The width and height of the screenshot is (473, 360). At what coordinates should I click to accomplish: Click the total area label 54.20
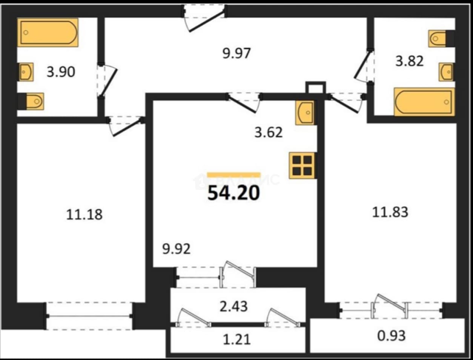[x=234, y=193]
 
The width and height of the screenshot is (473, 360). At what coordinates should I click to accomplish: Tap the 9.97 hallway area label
[x=236, y=53]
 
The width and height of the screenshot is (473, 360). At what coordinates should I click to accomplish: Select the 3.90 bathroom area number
[x=61, y=72]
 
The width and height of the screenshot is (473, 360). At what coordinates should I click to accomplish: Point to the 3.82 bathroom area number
[x=409, y=61]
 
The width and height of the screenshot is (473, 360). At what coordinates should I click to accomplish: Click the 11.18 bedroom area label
[x=84, y=215]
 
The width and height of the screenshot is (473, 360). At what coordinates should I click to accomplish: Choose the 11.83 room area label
[x=390, y=212]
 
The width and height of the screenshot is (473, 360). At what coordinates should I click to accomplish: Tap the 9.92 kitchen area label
[x=177, y=249]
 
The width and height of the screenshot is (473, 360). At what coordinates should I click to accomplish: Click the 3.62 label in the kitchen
[x=269, y=132]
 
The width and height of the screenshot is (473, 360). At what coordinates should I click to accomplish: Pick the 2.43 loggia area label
[x=233, y=306]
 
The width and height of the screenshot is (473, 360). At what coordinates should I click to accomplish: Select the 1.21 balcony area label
[x=236, y=340]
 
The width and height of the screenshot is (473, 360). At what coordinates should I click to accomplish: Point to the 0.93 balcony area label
[x=392, y=336]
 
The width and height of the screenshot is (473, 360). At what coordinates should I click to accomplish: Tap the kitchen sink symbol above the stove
[x=305, y=113]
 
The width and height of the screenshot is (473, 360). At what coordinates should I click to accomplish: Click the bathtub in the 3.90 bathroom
[x=48, y=32]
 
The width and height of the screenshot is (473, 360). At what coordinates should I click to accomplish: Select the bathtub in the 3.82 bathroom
[x=424, y=102]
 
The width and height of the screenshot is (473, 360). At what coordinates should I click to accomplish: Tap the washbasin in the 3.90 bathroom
[x=26, y=72]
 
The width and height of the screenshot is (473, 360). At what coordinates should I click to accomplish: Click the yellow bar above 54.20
[x=234, y=175]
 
